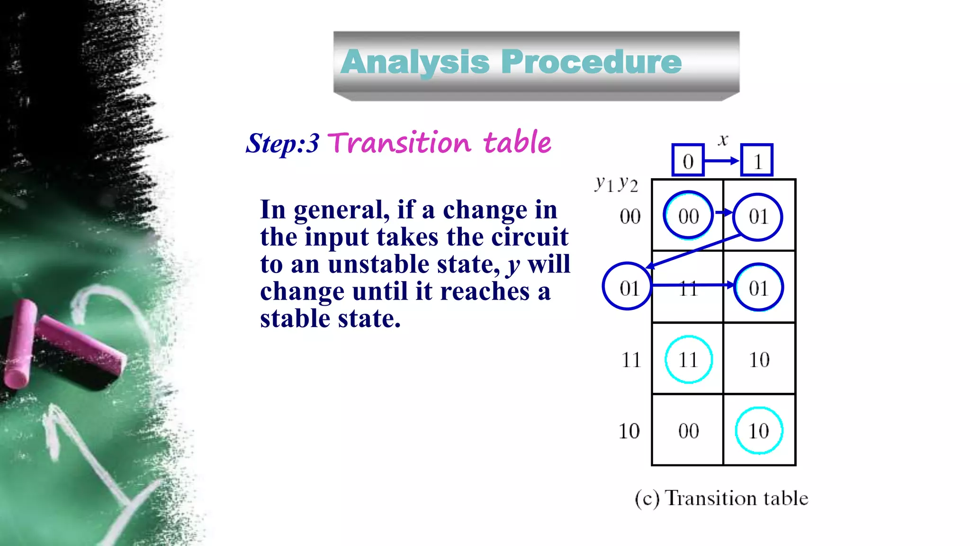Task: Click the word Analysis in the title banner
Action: pyautogui.click(x=415, y=62)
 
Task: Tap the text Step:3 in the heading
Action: pyautogui.click(x=282, y=143)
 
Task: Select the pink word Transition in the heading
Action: pyautogui.click(x=399, y=143)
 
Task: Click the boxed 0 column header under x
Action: pyautogui.click(x=688, y=161)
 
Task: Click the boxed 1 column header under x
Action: pyautogui.click(x=757, y=161)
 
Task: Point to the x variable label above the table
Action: pyautogui.click(x=723, y=140)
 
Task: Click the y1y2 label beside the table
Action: pyautogui.click(x=616, y=183)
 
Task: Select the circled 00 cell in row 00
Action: pyautogui.click(x=688, y=216)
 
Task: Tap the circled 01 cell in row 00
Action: pyautogui.click(x=758, y=217)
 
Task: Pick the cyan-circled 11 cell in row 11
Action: pyautogui.click(x=688, y=360)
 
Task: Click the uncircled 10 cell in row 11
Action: pyautogui.click(x=759, y=360)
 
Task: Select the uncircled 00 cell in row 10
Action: pyautogui.click(x=688, y=431)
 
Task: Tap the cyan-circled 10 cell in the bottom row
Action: pyautogui.click(x=758, y=431)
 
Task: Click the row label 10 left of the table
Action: pyautogui.click(x=629, y=431)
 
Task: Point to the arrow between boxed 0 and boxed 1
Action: pyautogui.click(x=722, y=161)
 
